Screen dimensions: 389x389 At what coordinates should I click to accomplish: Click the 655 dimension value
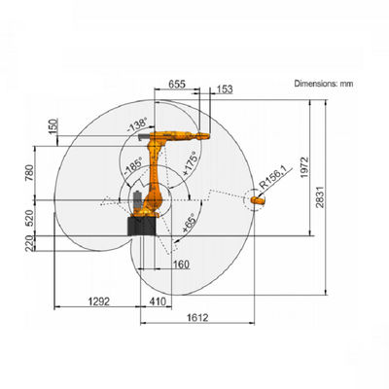coord(177,84)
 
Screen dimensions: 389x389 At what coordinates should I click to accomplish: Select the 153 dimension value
coord(225,89)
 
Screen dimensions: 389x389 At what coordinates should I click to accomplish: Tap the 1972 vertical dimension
coord(304,167)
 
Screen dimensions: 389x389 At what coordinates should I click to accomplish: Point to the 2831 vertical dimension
coord(320,196)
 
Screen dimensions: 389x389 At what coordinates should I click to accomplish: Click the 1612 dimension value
coord(197,317)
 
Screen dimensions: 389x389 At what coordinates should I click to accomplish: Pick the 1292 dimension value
coord(99,301)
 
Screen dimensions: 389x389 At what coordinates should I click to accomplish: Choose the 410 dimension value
coord(158,301)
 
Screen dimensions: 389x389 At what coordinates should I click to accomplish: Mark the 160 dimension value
coord(181,265)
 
